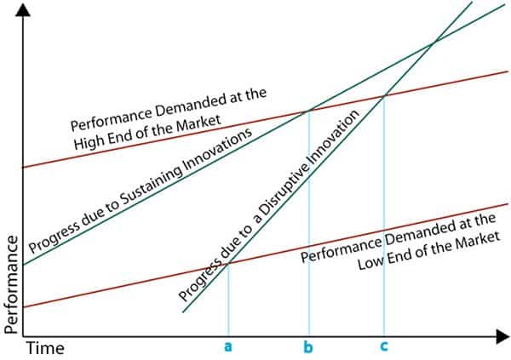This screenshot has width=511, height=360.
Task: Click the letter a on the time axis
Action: click(x=228, y=347)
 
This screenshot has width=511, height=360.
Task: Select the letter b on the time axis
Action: click(x=308, y=347)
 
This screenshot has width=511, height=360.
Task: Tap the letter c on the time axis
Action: click(x=385, y=347)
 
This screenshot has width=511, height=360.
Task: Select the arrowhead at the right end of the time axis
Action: click(x=503, y=337)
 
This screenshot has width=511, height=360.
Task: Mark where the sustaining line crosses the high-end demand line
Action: click(x=308, y=110)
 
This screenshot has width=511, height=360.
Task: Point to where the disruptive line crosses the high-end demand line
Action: click(x=385, y=96)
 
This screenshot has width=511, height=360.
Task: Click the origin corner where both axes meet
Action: click(x=22, y=337)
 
